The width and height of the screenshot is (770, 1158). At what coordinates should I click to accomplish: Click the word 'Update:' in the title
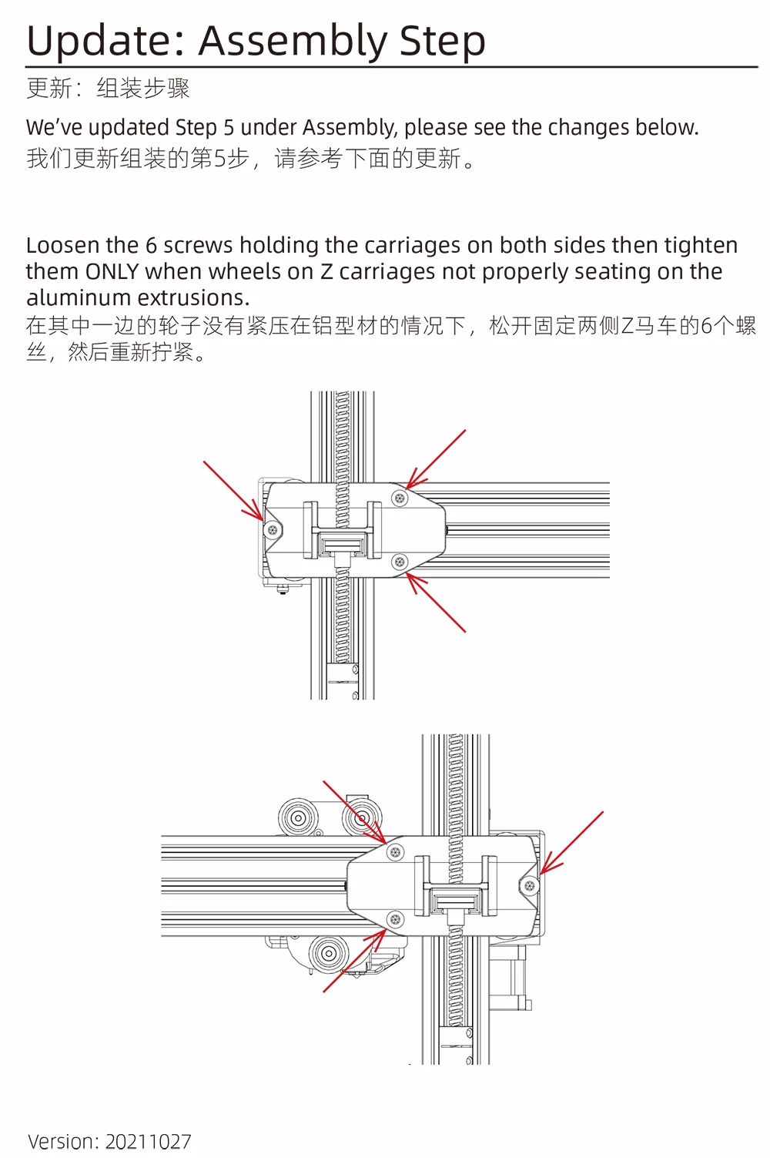pyautogui.click(x=105, y=42)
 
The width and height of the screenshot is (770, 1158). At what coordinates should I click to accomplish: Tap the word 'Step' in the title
pyautogui.click(x=442, y=42)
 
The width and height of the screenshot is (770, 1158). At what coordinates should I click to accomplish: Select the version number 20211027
pyautogui.click(x=148, y=1141)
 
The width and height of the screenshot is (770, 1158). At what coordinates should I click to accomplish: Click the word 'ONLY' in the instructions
pyautogui.click(x=112, y=272)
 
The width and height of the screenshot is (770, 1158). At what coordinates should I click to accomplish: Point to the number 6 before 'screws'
pyautogui.click(x=151, y=246)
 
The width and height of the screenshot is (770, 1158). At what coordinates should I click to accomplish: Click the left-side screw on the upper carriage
pyautogui.click(x=272, y=529)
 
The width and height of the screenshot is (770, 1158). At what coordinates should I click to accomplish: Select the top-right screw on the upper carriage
pyautogui.click(x=400, y=498)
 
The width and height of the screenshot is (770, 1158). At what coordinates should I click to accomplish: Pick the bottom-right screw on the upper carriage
pyautogui.click(x=400, y=562)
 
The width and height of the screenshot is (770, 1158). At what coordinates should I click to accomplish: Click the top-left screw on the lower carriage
pyautogui.click(x=396, y=852)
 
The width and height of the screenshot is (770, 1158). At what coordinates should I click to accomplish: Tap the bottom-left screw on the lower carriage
pyautogui.click(x=396, y=919)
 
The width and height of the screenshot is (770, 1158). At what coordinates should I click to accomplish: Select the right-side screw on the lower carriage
pyautogui.click(x=530, y=885)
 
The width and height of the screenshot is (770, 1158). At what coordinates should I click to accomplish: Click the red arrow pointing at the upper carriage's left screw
pyautogui.click(x=232, y=490)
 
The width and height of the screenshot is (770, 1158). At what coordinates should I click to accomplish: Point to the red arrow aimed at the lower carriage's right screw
pyautogui.click(x=573, y=842)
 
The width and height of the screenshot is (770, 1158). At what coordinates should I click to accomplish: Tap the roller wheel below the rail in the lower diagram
pyautogui.click(x=328, y=954)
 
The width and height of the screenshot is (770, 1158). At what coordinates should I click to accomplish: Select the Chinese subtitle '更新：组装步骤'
pyautogui.click(x=108, y=89)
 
